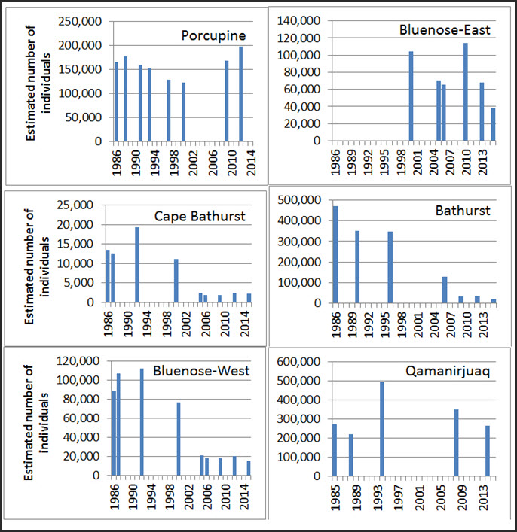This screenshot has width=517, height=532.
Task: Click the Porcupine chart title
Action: [214, 36]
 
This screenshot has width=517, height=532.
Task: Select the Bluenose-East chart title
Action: [445, 30]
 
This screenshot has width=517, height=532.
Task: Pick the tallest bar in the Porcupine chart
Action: [241, 94]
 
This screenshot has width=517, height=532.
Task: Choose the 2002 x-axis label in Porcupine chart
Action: [193, 160]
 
